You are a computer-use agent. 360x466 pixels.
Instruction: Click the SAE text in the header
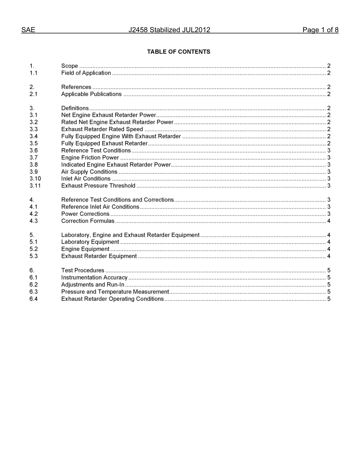pyautogui.click(x=28, y=30)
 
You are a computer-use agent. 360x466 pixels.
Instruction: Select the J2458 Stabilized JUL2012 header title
pyautogui.click(x=169, y=30)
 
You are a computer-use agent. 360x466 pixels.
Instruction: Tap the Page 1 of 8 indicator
pyautogui.click(x=320, y=30)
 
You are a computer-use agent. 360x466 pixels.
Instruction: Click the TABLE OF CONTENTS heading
pyautogui.click(x=178, y=52)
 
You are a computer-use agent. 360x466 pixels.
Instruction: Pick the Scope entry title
pyautogui.click(x=70, y=66)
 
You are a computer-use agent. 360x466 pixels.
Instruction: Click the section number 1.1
pyautogui.click(x=33, y=73)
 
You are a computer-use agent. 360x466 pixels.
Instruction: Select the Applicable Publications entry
pyautogui.click(x=91, y=94)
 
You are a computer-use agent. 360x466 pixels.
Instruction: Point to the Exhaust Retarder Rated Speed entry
pyautogui.click(x=102, y=129)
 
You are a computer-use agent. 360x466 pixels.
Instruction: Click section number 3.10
pyautogui.click(x=35, y=178)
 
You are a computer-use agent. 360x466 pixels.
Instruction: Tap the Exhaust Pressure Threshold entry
pyautogui.click(x=98, y=186)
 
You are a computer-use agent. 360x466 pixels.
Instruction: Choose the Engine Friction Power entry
pyautogui.click(x=90, y=158)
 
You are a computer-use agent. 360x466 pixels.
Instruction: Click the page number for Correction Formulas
pyautogui.click(x=329, y=221)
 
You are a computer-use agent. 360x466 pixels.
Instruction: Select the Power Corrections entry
pyautogui.click(x=85, y=214)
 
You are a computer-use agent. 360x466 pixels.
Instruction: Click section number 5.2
pyautogui.click(x=33, y=249)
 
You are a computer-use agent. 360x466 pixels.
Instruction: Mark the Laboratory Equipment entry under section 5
pyautogui.click(x=90, y=242)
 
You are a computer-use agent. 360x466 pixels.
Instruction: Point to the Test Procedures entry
pyautogui.click(x=83, y=270)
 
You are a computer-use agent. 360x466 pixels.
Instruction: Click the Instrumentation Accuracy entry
pyautogui.click(x=94, y=277)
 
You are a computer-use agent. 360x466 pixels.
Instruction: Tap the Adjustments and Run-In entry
pyautogui.click(x=93, y=285)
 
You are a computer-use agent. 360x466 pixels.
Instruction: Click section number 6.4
pyautogui.click(x=33, y=299)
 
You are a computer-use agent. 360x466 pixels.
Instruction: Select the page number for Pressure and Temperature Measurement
pyautogui.click(x=329, y=292)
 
